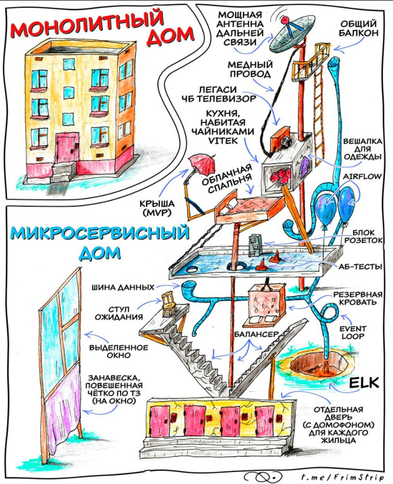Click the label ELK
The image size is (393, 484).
(364, 383)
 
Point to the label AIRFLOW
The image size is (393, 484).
(362, 176)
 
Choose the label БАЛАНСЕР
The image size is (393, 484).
(257, 334)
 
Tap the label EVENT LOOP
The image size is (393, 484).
(353, 332)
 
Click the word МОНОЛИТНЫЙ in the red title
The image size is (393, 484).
(87, 24)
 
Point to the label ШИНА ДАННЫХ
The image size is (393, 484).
(123, 287)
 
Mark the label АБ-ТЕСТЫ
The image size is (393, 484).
(360, 266)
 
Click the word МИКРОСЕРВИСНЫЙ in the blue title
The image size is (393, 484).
(99, 233)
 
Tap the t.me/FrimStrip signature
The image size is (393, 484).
(343, 477)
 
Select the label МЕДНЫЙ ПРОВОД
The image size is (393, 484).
(250, 69)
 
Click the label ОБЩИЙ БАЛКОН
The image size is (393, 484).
(359, 28)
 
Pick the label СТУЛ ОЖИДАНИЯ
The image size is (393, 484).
(119, 313)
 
